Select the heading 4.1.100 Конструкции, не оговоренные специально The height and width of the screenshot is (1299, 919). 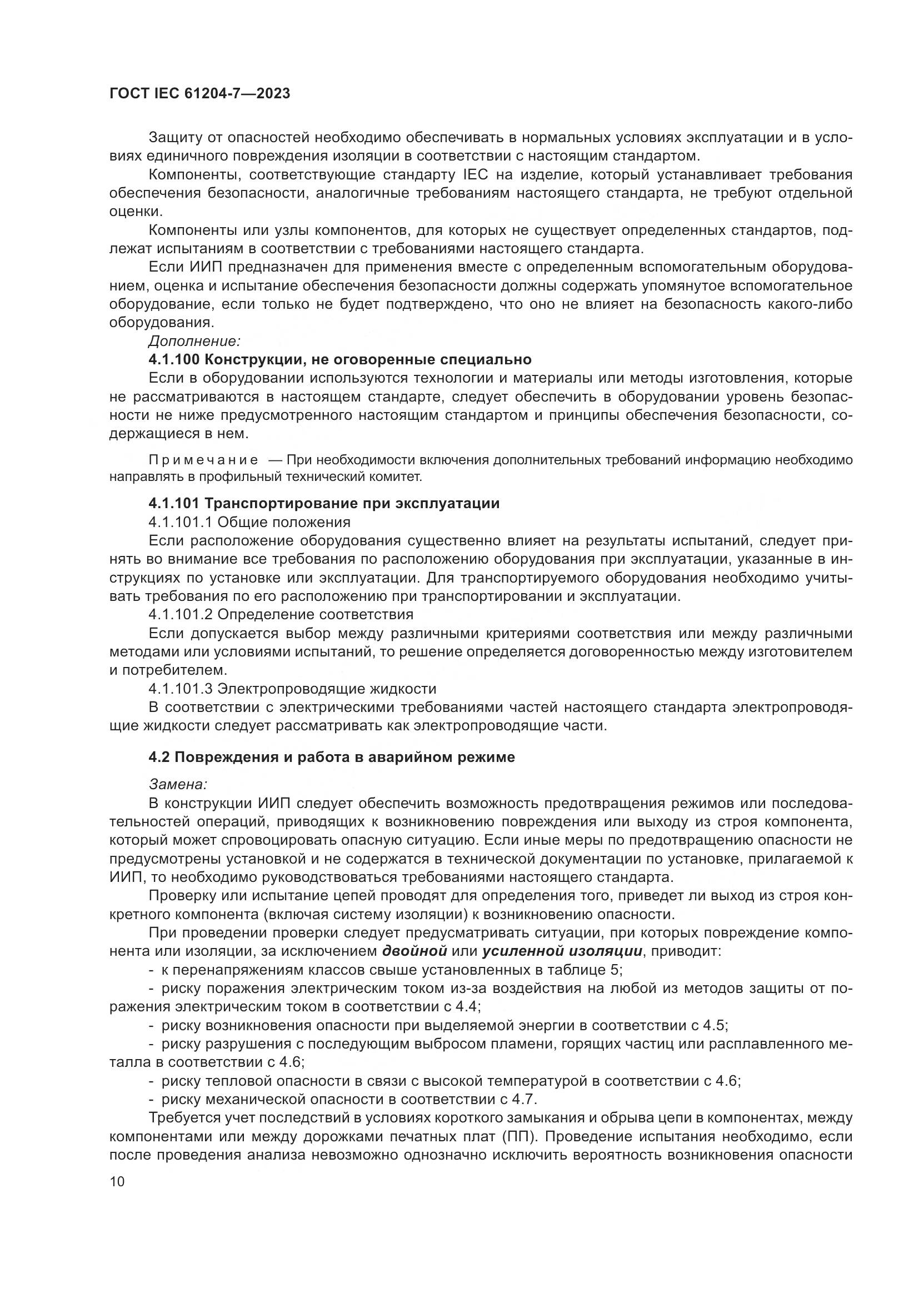pyautogui.click(x=339, y=359)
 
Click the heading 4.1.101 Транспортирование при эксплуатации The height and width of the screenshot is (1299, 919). pyautogui.click(x=324, y=503)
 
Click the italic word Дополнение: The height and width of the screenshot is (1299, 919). pyautogui.click(x=194, y=341)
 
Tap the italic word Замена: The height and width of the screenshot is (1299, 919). pyautogui.click(x=178, y=784)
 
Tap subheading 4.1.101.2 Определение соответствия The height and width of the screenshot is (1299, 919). pyautogui.click(x=281, y=614)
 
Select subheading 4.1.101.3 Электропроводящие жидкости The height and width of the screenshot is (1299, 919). pyautogui.click(x=292, y=689)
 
